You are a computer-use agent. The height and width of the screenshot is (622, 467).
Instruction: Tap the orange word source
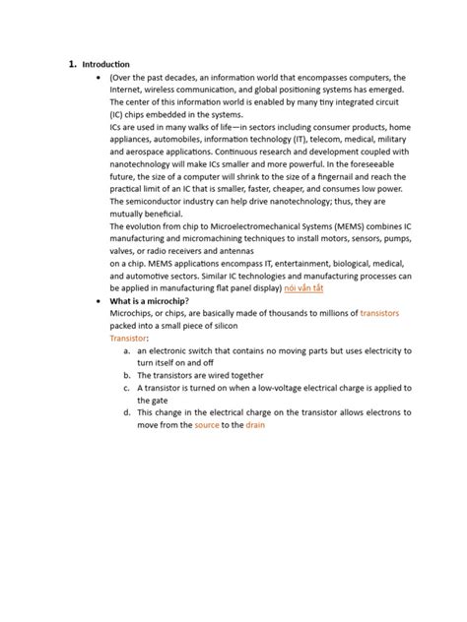[207, 425]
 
